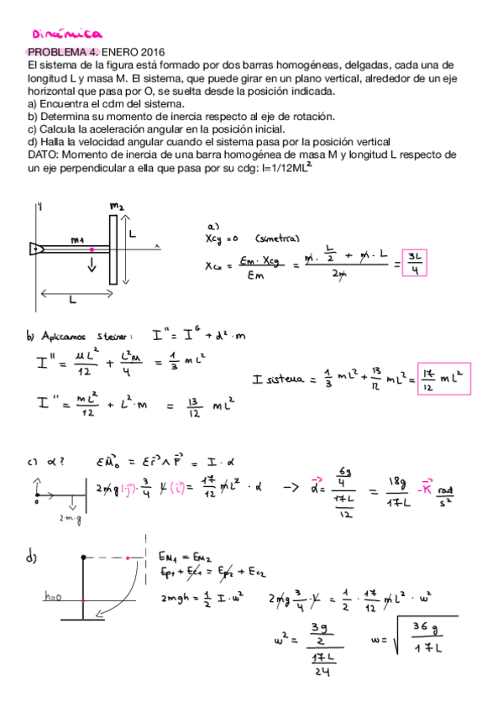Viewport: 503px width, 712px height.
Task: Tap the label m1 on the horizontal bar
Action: tap(78, 240)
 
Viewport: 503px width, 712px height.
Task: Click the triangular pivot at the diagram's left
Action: tap(35, 249)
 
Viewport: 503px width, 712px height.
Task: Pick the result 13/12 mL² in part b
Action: tap(211, 406)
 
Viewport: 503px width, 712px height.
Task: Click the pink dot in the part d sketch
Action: tap(128, 557)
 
